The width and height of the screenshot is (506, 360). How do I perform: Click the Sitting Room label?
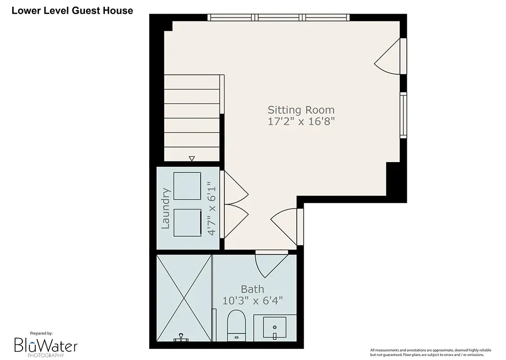coord(301,110)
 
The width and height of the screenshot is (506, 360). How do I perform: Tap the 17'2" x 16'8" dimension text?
coord(301,122)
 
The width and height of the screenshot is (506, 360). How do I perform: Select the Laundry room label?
coord(166,209)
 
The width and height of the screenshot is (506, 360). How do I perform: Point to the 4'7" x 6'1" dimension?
coord(211,209)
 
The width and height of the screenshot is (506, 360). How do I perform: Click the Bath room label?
coord(252,289)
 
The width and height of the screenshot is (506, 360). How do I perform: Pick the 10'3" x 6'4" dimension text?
coord(252,301)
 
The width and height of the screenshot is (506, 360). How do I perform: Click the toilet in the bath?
coord(237,325)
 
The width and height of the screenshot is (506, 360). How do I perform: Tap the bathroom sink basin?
coord(275,327)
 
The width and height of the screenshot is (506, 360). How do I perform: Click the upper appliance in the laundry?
coord(187,186)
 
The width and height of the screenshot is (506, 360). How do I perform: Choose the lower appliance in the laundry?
coord(188,223)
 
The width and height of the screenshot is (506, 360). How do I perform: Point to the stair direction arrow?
coord(192,158)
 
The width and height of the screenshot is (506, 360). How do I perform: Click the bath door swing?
coord(271,264)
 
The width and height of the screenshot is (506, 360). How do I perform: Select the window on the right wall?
coord(403,115)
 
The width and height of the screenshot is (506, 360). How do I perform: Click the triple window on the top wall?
coord(279,18)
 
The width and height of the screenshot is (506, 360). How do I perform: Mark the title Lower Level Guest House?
coord(72,11)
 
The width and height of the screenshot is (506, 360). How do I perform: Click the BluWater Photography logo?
coord(45,345)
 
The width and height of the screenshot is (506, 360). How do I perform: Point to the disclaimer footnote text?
coord(431,352)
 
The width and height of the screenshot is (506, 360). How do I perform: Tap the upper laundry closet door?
coord(236,187)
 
